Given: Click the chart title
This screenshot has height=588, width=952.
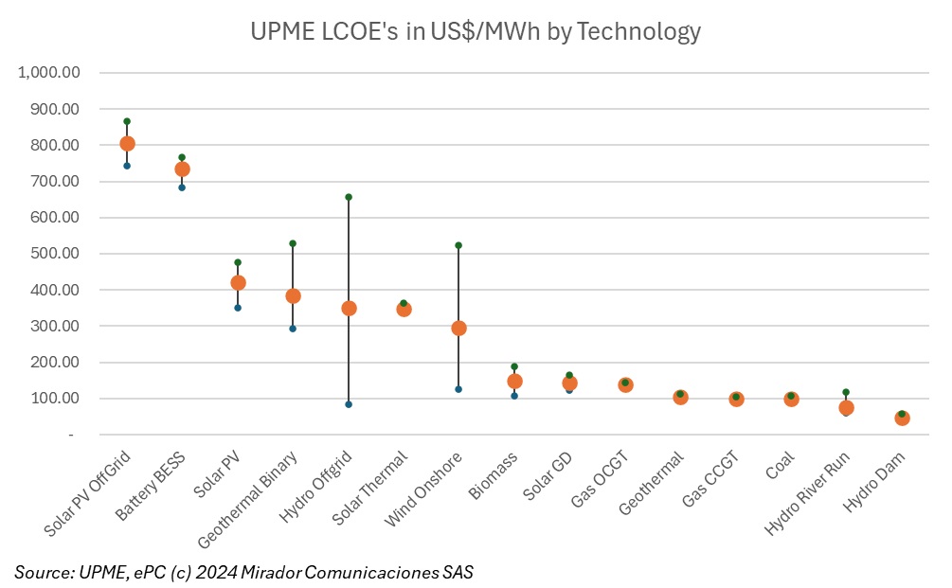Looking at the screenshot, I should pyautogui.click(x=476, y=31).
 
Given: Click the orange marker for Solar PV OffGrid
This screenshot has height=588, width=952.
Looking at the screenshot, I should pyautogui.click(x=127, y=144).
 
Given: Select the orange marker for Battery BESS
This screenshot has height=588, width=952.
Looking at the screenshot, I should pyautogui.click(x=182, y=169).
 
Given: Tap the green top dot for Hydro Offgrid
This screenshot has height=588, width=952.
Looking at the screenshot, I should pyautogui.click(x=349, y=197).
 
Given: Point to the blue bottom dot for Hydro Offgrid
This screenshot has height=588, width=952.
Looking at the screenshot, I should pyautogui.click(x=349, y=404).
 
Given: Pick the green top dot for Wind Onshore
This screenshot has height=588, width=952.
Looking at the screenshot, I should pyautogui.click(x=458, y=245).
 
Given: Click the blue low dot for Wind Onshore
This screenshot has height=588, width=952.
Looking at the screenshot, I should pyautogui.click(x=458, y=389).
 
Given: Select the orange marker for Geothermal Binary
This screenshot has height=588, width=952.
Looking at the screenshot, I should pyautogui.click(x=293, y=296).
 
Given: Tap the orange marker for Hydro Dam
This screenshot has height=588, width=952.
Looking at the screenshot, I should pyautogui.click(x=902, y=419).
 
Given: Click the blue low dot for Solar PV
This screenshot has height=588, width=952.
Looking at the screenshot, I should pyautogui.click(x=238, y=308).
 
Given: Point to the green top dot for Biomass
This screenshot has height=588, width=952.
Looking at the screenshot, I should pyautogui.click(x=514, y=366).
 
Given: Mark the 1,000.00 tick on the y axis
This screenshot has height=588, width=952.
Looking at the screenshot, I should pyautogui.click(x=53, y=73).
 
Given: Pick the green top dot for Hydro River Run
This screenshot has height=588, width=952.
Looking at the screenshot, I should pyautogui.click(x=846, y=392).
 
